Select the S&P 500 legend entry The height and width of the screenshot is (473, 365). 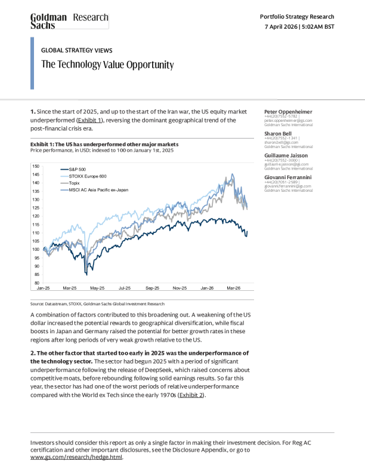[x=78, y=170]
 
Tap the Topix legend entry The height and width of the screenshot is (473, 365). [x=75, y=183]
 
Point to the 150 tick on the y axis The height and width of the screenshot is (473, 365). [x=36, y=166]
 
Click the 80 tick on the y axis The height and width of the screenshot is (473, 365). [x=37, y=282]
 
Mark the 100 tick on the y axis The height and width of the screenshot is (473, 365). [x=36, y=249]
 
